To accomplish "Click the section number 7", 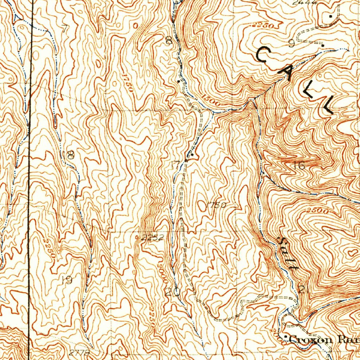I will (64, 29).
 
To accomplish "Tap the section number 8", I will (169, 41).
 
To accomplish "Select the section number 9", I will (291, 43).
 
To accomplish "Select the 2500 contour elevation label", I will (319, 211).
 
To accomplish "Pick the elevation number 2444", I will (306, 2).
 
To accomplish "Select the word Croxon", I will (311, 340).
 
